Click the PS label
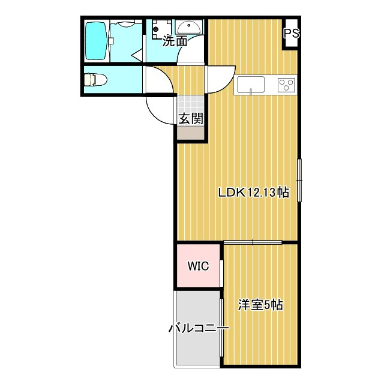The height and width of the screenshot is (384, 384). pyautogui.click(x=292, y=34)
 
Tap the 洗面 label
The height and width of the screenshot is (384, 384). pyautogui.click(x=175, y=41)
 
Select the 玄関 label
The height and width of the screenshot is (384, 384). pyautogui.click(x=191, y=119)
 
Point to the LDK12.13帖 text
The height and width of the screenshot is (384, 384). pyautogui.click(x=253, y=193)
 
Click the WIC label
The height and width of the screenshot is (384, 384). pyautogui.click(x=198, y=266)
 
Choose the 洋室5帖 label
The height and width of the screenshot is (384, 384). pyautogui.click(x=260, y=305)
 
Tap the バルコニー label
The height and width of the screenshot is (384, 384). pyautogui.click(x=199, y=328)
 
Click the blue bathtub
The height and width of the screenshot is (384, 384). pyautogui.click(x=96, y=41)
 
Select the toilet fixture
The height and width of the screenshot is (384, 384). pyautogui.click(x=95, y=80)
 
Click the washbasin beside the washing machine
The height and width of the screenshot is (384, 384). pyautogui.click(x=189, y=27)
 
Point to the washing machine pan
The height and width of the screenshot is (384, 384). pyautogui.click(x=161, y=29)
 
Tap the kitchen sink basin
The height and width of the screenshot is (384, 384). pyautogui.click(x=250, y=85)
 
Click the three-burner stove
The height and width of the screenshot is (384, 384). pyautogui.click(x=286, y=85)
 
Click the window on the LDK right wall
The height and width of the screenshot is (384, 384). pyautogui.click(x=299, y=180)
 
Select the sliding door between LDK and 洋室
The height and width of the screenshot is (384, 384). pyautogui.click(x=253, y=242)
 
